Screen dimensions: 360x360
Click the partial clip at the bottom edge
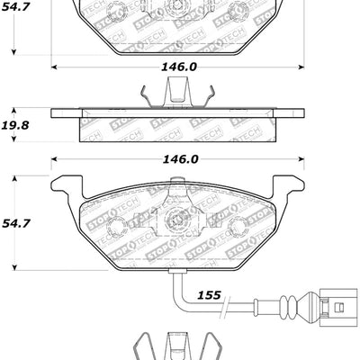(x=177, y=346)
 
